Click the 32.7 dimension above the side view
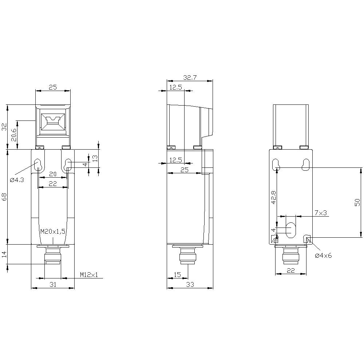[x=190, y=78]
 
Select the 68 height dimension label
[x=4, y=197]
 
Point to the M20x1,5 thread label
[x=53, y=232]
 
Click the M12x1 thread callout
[x=89, y=275]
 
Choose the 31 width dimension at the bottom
[x=53, y=285]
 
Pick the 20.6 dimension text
[x=14, y=135]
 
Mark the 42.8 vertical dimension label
[x=274, y=197]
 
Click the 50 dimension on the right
[x=357, y=202]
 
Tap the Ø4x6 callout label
[x=323, y=256]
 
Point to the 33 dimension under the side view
[x=190, y=285]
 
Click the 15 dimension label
[x=177, y=275]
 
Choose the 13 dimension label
[x=95, y=158]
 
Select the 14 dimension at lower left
[x=4, y=254]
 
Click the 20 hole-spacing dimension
[x=53, y=174]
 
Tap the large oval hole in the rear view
[x=291, y=230]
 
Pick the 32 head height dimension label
[x=4, y=127]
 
